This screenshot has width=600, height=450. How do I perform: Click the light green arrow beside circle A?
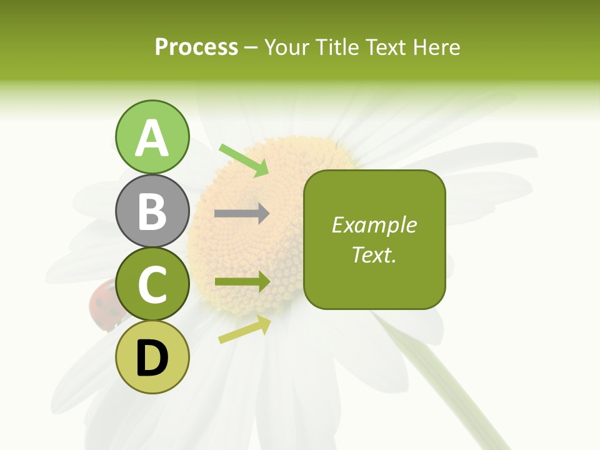tap(244, 160)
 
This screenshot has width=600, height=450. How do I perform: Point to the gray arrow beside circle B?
tap(242, 214)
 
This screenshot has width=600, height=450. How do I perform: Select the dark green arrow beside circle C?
tap(242, 282)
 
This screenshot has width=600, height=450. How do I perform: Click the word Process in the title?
tap(196, 47)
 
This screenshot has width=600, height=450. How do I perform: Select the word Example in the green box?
tap(374, 225)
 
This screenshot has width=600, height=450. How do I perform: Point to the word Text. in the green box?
tap(374, 254)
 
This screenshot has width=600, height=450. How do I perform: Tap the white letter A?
tap(152, 138)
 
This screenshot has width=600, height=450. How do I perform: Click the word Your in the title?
tap(288, 47)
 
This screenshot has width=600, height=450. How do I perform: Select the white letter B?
tap(152, 211)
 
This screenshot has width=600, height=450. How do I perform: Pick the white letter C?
tap(152, 285)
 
